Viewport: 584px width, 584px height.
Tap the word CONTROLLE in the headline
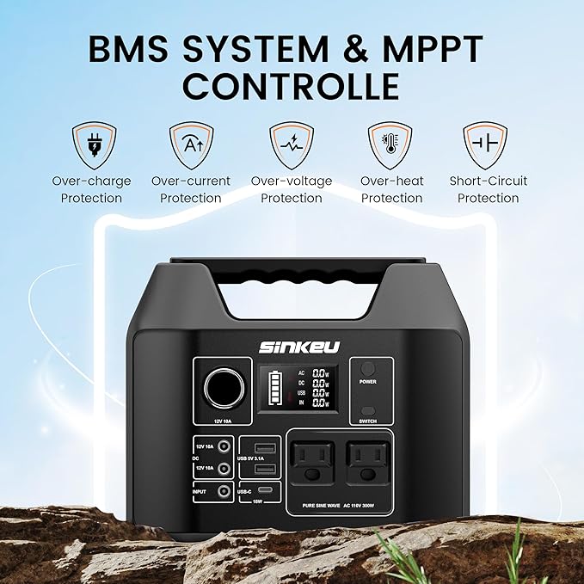(x=292, y=87)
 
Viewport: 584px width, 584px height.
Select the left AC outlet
(x=313, y=464)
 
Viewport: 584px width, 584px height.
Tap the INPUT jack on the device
(x=224, y=491)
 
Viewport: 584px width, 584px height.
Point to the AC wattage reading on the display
(x=318, y=374)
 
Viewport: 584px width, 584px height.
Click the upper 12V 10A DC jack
(x=224, y=447)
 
